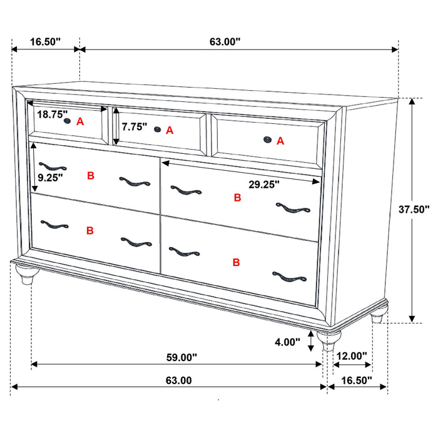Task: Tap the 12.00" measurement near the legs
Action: point(351,356)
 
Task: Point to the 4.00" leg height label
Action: point(287,342)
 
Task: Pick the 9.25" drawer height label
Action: point(49,178)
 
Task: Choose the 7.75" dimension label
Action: point(135,127)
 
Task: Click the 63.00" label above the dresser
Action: point(225,42)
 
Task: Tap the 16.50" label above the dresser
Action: point(45,42)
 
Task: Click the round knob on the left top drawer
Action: point(66,121)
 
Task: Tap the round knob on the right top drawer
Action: point(267,140)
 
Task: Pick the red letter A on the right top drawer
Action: point(280,141)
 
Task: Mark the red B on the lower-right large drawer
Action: point(236,262)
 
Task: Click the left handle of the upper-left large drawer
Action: point(52,166)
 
